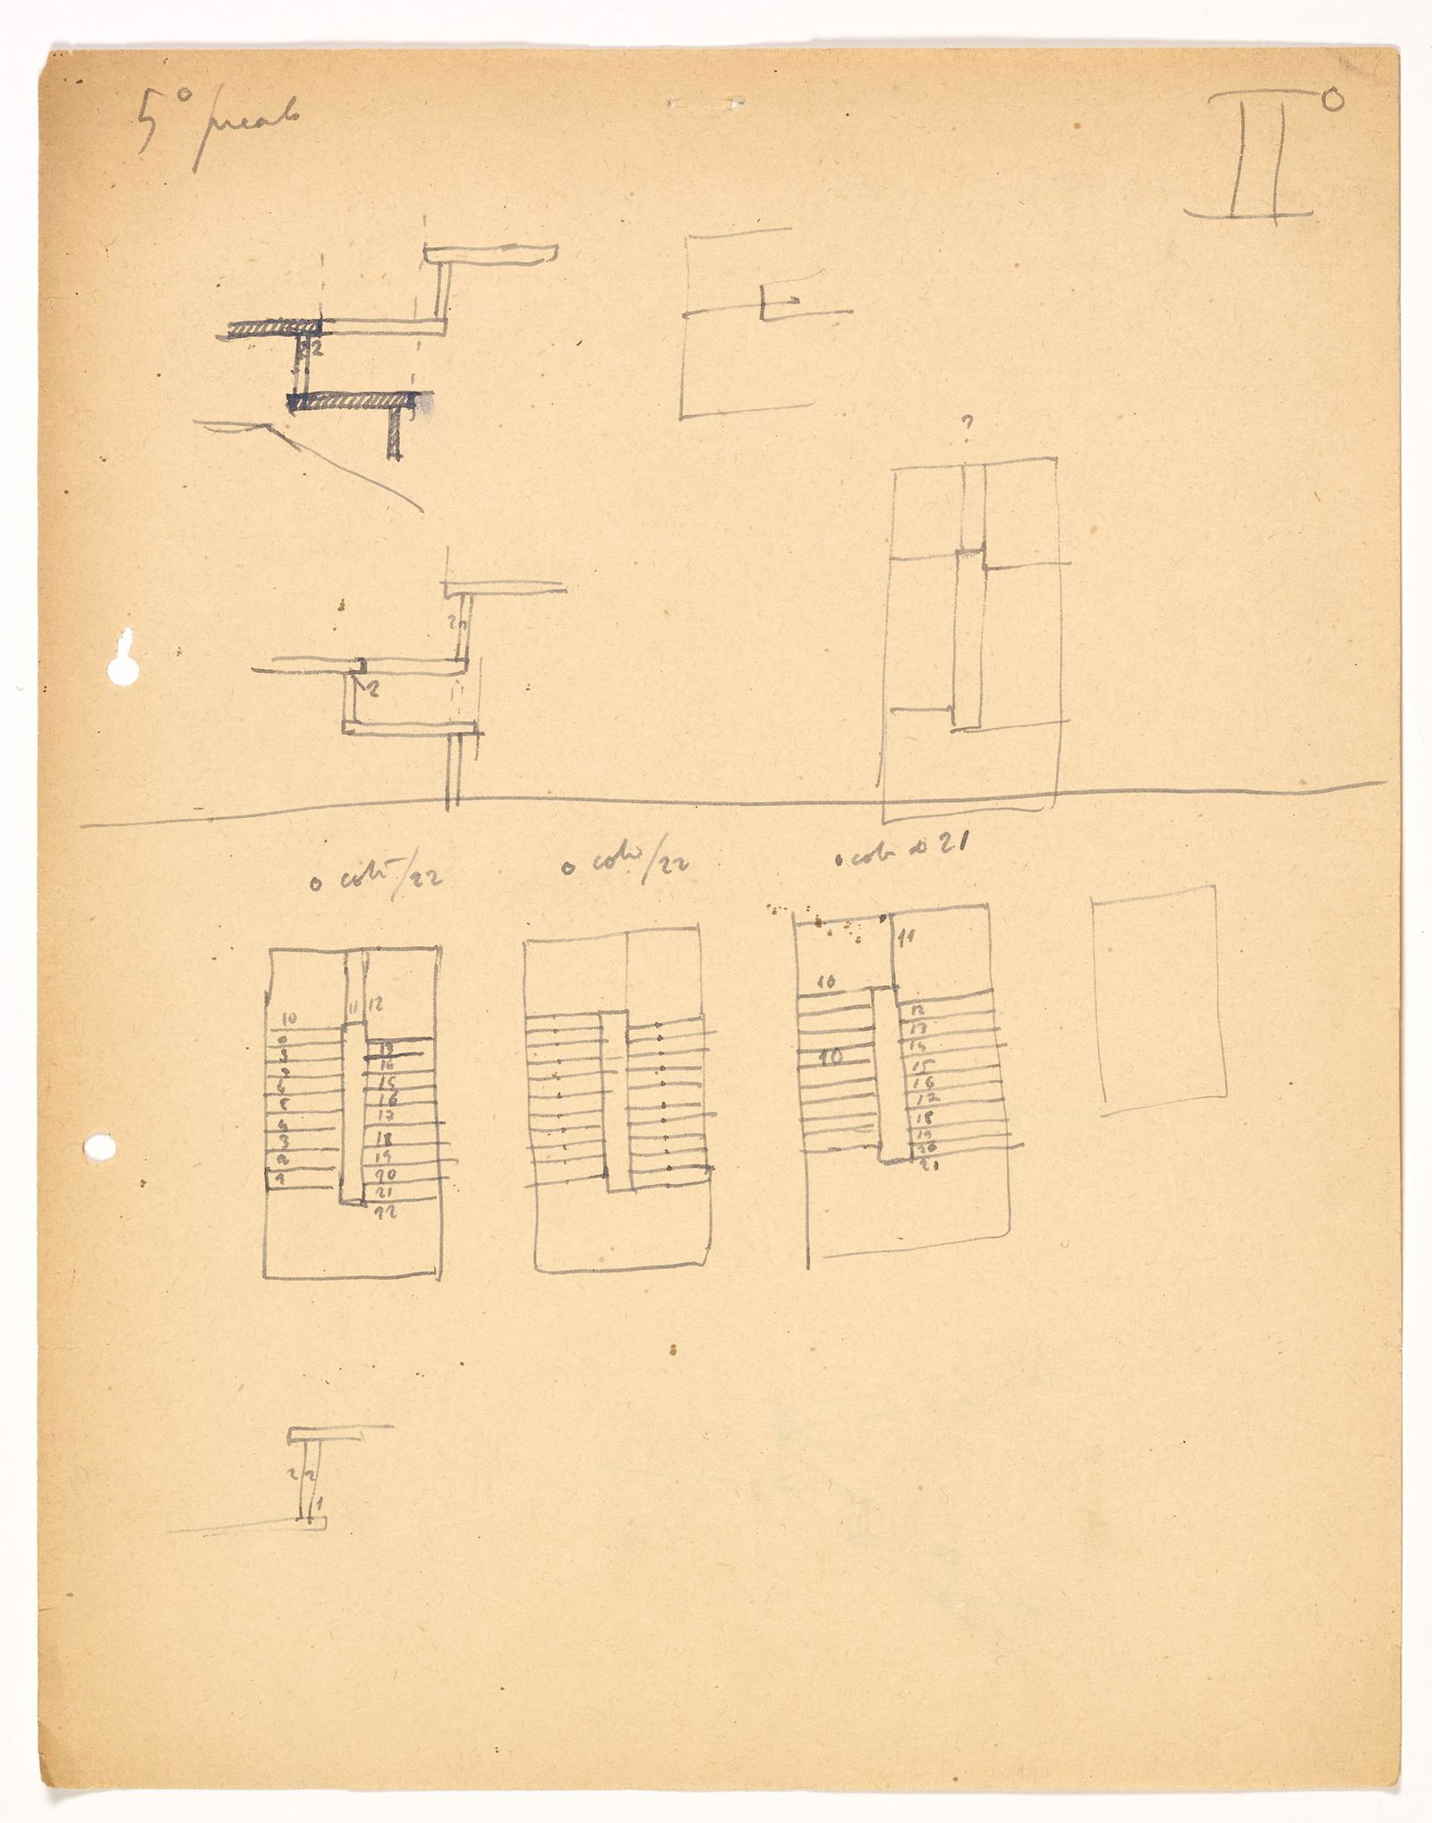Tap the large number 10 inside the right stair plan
click(832, 1057)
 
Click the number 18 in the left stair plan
click(386, 1139)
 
